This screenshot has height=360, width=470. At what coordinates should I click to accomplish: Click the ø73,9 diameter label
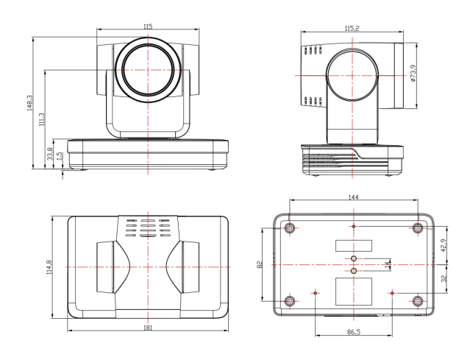[414, 74]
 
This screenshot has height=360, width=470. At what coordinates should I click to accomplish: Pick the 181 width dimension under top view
[148, 328]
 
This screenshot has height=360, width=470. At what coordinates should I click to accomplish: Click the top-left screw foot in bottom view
[290, 228]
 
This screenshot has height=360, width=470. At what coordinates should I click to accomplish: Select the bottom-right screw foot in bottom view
[419, 301]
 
